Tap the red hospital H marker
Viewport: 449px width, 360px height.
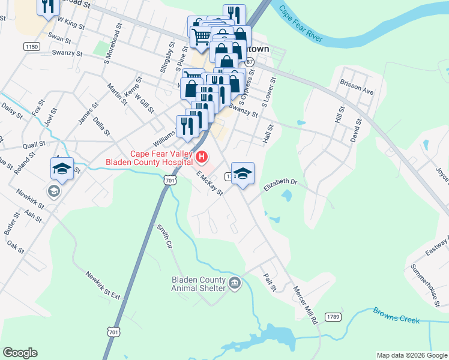pyautogui.click(x=202, y=158)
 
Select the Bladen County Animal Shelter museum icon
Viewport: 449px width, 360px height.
pyautogui.click(x=235, y=283)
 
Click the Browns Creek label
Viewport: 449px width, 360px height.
pyautogui.click(x=396, y=316)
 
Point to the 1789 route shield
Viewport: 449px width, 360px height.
pyautogui.click(x=333, y=316)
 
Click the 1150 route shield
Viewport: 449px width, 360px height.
pyautogui.click(x=32, y=46)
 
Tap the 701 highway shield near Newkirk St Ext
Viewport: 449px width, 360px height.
pyautogui.click(x=113, y=331)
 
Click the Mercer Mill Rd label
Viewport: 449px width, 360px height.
pyautogui.click(x=305, y=304)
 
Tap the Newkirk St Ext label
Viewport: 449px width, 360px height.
pyautogui.click(x=103, y=285)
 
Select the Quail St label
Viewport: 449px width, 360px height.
pyautogui.click(x=34, y=145)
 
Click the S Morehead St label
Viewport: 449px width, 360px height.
pyautogui.click(x=113, y=45)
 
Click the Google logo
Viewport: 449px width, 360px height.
pyautogui.click(x=20, y=353)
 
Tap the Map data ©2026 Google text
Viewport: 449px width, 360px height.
pyautogui.click(x=411, y=355)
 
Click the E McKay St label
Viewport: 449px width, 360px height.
pyautogui.click(x=209, y=184)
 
